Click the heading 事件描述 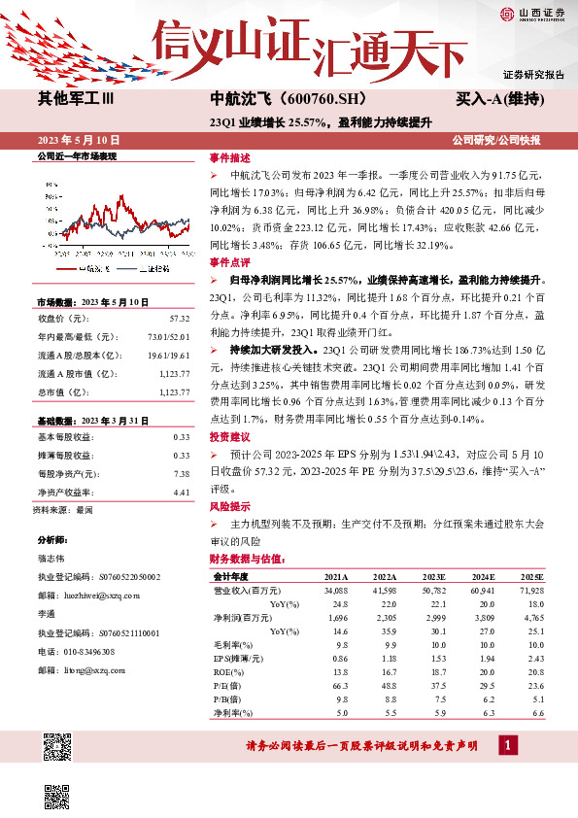coord(229,157)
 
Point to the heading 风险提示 coord(229,506)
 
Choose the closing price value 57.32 coord(179,318)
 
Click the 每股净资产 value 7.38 coord(180,473)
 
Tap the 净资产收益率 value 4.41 coord(180,493)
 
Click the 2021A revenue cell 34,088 coord(335,590)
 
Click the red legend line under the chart coord(72,267)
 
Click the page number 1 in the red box coord(507,745)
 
